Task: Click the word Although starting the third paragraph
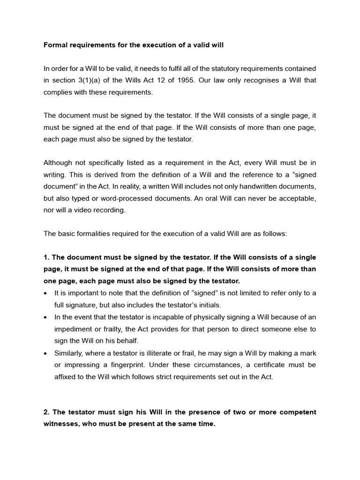click(59, 163)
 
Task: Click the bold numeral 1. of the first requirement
click(46, 257)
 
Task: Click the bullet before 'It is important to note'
click(45, 293)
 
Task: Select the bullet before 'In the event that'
click(45, 317)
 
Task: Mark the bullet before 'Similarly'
click(45, 352)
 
